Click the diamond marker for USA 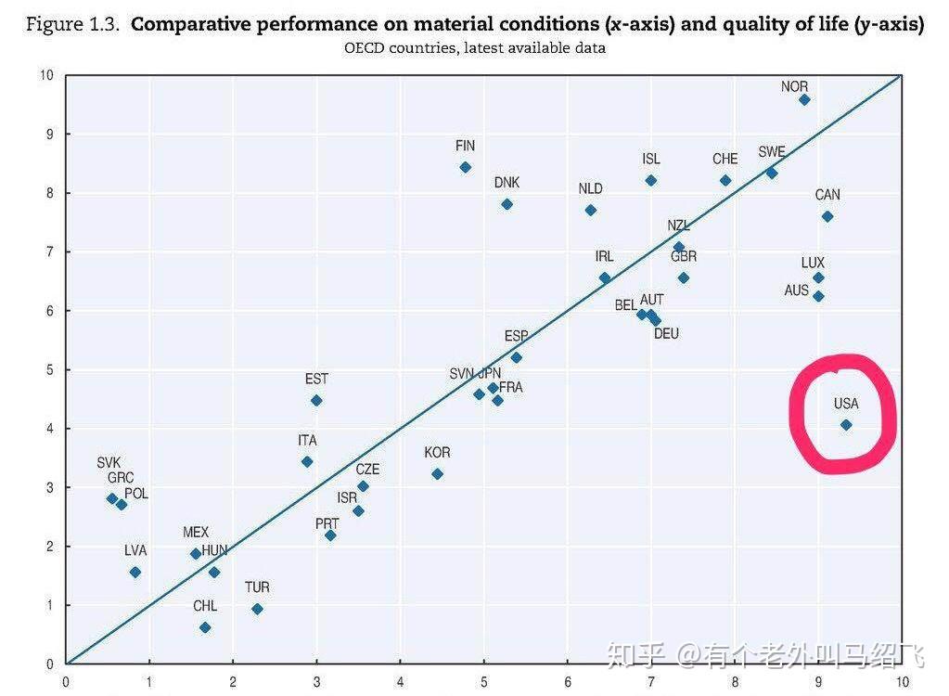[x=846, y=425]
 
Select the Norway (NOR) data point [x=804, y=99]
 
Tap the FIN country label [x=465, y=146]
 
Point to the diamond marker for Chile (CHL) [x=205, y=627]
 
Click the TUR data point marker [x=257, y=609]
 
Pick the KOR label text [x=437, y=453]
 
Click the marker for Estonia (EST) [x=316, y=400]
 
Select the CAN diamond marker [x=827, y=216]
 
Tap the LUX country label [x=813, y=264]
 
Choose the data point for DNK [x=507, y=204]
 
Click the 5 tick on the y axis [x=50, y=369]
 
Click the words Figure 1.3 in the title [x=72, y=25]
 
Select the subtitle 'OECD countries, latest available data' [x=474, y=48]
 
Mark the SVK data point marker [x=112, y=498]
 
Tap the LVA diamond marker [x=135, y=572]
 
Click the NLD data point [x=591, y=210]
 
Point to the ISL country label [x=651, y=160]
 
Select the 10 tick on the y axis [x=47, y=75]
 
